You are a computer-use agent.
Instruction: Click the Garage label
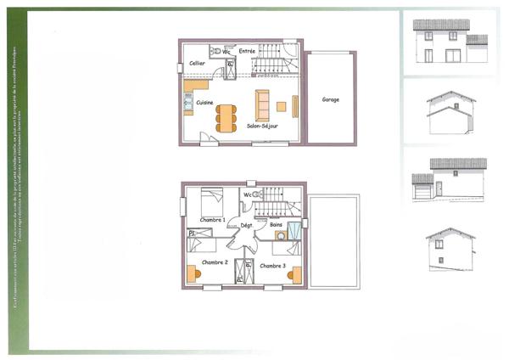(330, 99)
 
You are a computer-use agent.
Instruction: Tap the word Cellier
(197, 63)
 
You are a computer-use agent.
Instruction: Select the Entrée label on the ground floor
(247, 51)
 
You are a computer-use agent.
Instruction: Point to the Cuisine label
(204, 103)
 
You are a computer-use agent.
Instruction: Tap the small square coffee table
(281, 106)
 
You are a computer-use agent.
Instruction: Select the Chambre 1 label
(212, 219)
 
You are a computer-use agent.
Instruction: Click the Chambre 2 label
(212, 263)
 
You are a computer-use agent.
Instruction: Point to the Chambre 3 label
(272, 266)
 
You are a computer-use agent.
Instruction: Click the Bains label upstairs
(276, 225)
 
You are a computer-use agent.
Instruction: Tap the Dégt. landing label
(246, 225)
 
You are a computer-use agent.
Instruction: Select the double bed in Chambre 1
(211, 202)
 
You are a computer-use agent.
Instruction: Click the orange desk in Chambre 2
(192, 273)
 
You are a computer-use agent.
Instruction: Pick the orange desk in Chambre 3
(294, 273)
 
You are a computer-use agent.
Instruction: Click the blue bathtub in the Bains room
(294, 230)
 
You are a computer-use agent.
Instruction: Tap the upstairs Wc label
(247, 194)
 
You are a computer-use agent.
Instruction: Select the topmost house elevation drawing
(449, 42)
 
